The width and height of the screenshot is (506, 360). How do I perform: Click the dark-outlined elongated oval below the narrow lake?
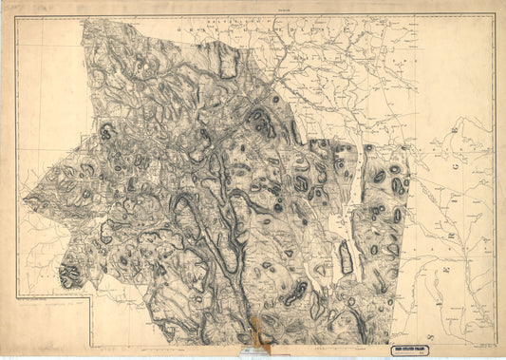coord(347,257)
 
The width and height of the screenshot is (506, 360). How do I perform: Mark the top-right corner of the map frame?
coord(494,13)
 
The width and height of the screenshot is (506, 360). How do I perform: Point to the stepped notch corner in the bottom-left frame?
coord(91,296)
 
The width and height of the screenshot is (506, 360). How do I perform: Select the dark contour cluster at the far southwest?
coord(69,275)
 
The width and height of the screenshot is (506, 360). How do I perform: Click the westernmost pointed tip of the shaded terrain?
coord(23,201)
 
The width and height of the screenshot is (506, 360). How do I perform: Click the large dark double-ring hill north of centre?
coord(259,120)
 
